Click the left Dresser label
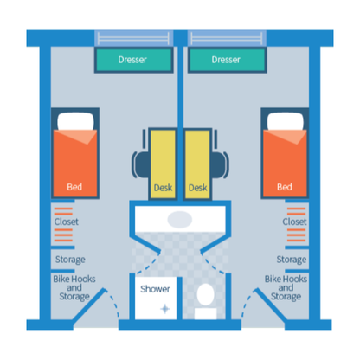[132, 60]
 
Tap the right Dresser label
[226, 60]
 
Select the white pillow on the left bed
[75, 122]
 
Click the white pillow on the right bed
[286, 122]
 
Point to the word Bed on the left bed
[74, 187]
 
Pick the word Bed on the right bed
[285, 187]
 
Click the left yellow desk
[163, 164]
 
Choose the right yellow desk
[197, 164]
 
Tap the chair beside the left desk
[141, 164]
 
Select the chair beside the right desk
[220, 164]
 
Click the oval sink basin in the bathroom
[180, 219]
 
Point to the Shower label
[155, 289]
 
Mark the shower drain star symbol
[165, 309]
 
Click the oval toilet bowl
[205, 294]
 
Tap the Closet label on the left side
[67, 222]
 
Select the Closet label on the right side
[294, 222]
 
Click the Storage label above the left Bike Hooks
[70, 260]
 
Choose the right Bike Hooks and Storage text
[286, 287]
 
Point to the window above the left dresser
[133, 38]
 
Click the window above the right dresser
[227, 38]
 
